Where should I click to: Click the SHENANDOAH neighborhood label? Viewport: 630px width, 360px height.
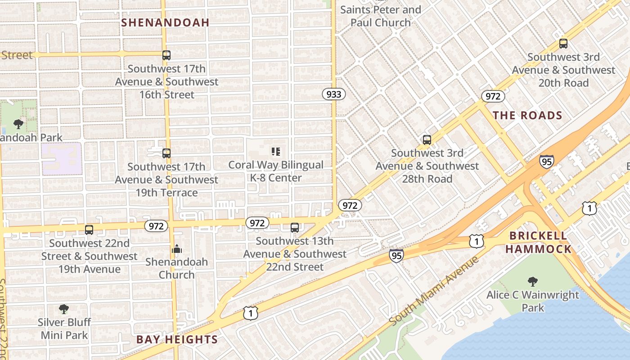tap(165, 22)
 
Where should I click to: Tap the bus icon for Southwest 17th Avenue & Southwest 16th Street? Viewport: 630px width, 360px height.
tap(166, 55)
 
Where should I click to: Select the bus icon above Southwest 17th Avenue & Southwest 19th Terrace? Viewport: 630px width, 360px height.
tap(166, 153)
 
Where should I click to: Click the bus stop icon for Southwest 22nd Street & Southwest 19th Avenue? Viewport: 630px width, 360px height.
tap(89, 230)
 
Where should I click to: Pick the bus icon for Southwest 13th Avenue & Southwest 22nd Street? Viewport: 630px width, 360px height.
tap(295, 228)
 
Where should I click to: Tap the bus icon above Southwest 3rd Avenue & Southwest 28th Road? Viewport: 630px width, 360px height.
tap(427, 140)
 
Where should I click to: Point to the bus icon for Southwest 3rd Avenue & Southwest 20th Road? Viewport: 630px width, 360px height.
tap(563, 44)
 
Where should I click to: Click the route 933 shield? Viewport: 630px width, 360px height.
tap(334, 94)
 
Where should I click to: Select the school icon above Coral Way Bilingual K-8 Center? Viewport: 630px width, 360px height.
tap(276, 152)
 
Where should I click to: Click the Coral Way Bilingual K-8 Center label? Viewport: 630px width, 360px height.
tap(276, 171)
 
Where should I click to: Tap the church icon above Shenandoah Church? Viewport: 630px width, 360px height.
tap(176, 249)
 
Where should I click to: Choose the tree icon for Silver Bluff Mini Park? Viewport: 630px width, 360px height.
tap(64, 309)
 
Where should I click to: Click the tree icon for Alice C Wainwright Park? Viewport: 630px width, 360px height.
tap(533, 282)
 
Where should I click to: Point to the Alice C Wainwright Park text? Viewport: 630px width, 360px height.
tap(533, 301)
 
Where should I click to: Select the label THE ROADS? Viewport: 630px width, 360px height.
tap(527, 116)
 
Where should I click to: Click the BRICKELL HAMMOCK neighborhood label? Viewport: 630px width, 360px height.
tap(538, 242)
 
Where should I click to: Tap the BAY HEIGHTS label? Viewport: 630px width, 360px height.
tap(177, 340)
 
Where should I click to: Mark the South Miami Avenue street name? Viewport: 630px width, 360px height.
tap(434, 291)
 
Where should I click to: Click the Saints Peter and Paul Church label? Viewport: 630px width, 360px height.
tap(381, 16)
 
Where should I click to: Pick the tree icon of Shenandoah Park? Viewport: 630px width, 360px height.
tap(18, 124)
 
